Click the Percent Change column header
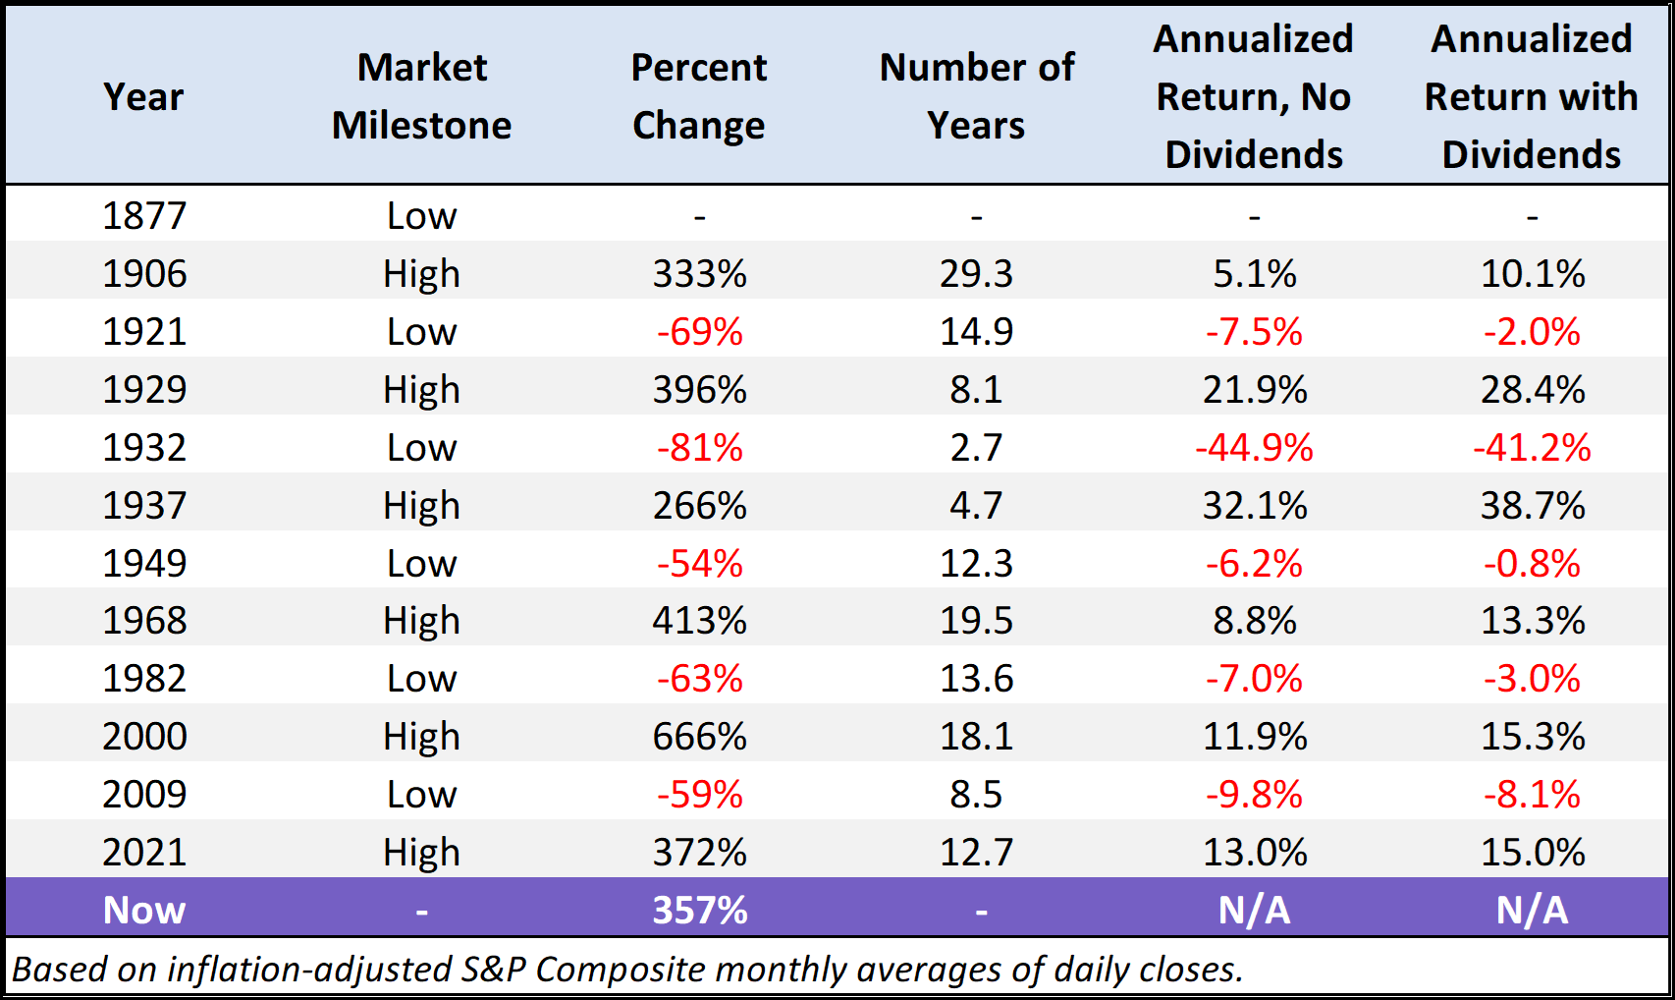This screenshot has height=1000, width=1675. click(x=698, y=96)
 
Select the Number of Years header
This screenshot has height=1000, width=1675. click(x=976, y=96)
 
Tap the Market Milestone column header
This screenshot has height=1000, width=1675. click(x=421, y=96)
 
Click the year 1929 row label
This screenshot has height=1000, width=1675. click(x=144, y=390)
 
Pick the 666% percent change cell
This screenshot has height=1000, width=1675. click(x=699, y=737)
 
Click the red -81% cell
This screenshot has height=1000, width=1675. click(x=699, y=448)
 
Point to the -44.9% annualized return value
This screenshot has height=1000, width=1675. click(x=1254, y=448)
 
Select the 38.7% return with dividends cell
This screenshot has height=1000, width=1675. click(x=1532, y=506)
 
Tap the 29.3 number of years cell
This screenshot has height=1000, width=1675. click(x=976, y=274)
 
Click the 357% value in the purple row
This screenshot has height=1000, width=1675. click(x=699, y=911)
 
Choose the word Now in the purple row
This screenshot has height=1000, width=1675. click(x=144, y=911)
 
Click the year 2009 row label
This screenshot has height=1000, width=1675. click(x=144, y=795)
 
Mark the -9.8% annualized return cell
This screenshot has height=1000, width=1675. click(x=1254, y=795)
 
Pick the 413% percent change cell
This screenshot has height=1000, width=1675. click(x=699, y=621)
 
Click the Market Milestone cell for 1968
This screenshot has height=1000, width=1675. click(x=421, y=621)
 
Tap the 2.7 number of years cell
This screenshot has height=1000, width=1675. click(x=976, y=448)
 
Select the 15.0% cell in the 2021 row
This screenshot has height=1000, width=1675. click(x=1532, y=853)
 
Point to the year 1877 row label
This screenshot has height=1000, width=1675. click(x=144, y=216)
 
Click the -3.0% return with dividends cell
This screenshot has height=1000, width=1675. click(x=1532, y=679)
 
